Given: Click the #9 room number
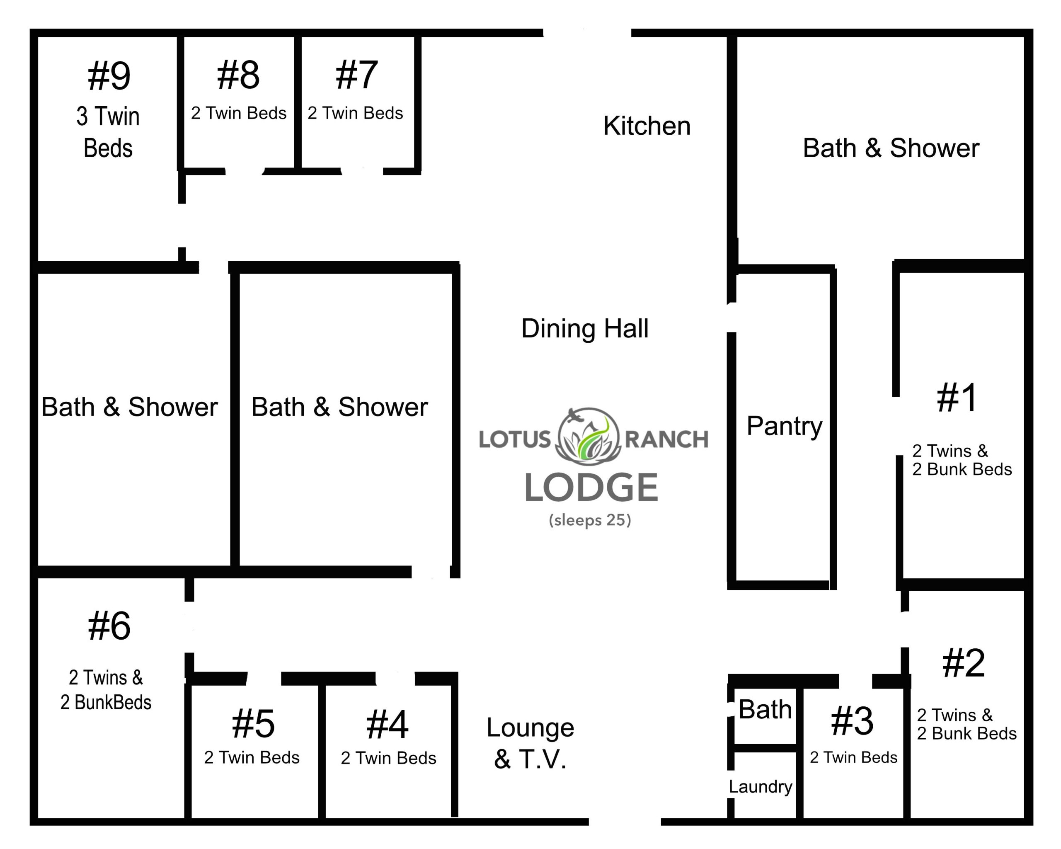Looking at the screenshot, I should tap(109, 76).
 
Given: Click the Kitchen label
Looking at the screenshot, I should tap(647, 126).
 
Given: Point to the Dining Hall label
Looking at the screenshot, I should tap(585, 328).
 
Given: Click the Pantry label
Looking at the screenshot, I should tap(785, 426).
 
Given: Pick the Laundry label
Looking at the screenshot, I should tap(761, 786).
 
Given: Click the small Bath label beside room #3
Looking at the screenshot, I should tap(765, 710).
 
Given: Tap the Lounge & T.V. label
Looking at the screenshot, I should tap(530, 743).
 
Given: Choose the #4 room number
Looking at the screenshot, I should tap(387, 725).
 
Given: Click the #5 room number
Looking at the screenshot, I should tap(254, 723).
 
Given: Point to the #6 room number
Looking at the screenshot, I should tap(109, 626).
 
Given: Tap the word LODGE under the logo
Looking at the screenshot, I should tap(591, 488).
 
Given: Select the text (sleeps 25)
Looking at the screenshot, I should tap(590, 520).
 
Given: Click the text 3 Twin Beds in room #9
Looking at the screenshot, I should tap(108, 132).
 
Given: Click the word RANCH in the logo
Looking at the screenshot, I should tap(666, 439).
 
